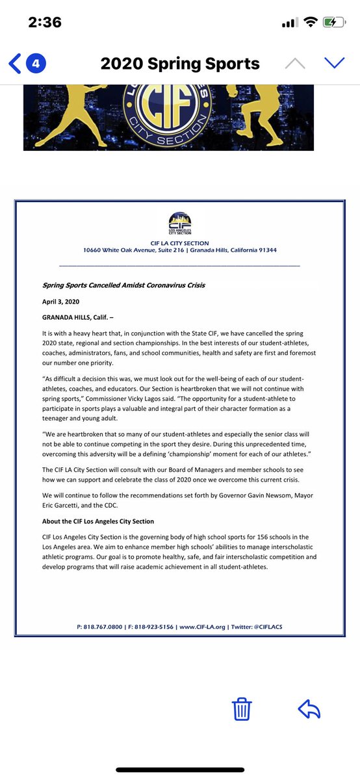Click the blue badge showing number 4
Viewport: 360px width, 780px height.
coord(36,63)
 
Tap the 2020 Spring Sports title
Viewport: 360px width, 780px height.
coord(180,63)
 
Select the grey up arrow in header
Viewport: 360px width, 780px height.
coord(294,63)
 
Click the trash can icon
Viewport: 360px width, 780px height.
coord(242,709)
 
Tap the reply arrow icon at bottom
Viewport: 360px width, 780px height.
coord(309,709)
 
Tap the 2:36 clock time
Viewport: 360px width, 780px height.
coord(45,22)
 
